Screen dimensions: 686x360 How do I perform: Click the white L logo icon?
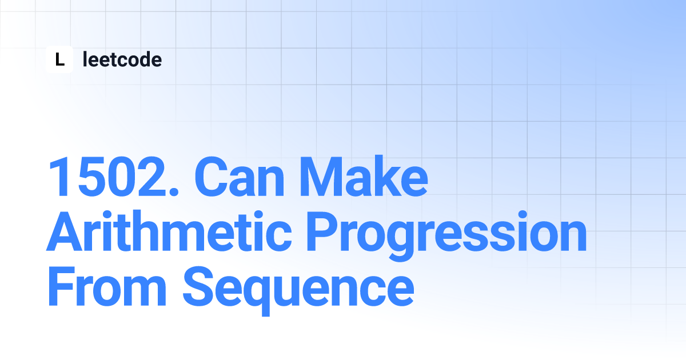[x=59, y=59]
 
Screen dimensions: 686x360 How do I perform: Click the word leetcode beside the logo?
[x=122, y=59]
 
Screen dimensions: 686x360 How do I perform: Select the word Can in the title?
[x=240, y=177]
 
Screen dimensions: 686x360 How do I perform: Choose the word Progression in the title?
[x=447, y=236]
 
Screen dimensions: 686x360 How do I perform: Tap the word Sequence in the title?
[x=298, y=291]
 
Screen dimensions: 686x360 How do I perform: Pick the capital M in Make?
[x=321, y=177]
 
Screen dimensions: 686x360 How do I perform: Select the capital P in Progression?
[x=322, y=231]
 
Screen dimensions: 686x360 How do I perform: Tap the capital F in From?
[x=62, y=286]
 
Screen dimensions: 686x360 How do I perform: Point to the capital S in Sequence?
[x=200, y=286]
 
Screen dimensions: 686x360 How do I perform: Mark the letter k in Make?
[x=388, y=176]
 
